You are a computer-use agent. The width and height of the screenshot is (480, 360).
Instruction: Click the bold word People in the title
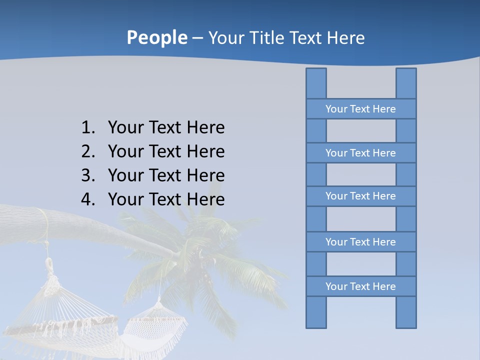156,37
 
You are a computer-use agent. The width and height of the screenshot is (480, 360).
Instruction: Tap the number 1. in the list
88,128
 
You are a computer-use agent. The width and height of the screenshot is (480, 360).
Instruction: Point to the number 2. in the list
88,151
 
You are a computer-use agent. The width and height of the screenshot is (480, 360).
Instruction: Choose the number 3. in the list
88,175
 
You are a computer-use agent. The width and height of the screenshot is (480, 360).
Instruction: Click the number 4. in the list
88,199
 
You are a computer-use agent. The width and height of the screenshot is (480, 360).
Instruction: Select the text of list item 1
166,128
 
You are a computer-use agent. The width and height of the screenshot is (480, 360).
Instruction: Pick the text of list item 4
166,199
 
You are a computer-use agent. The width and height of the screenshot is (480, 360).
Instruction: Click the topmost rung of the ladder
360,109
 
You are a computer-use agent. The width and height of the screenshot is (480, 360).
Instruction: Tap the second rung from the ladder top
360,153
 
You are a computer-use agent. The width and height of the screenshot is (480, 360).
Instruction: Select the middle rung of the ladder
360,196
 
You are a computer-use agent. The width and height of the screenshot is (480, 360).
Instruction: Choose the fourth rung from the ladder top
360,242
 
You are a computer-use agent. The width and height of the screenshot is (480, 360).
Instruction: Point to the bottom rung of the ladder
360,286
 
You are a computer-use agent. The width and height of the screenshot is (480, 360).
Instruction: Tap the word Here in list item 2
205,151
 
